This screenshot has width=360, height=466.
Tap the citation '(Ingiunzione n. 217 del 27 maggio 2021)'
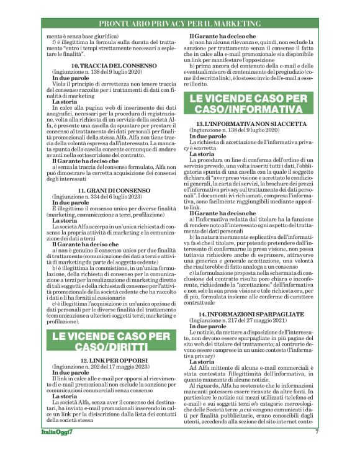click(244, 321)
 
